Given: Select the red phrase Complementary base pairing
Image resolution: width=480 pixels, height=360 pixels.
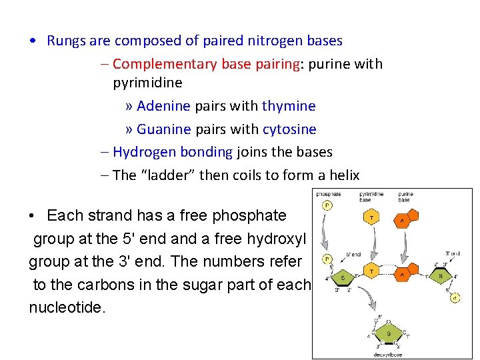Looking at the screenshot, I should tap(205, 64).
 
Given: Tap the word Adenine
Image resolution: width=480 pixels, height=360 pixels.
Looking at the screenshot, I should tap(164, 106).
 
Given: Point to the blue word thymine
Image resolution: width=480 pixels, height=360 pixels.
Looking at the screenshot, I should tap(289, 106).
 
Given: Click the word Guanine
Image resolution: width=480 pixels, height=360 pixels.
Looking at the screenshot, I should tap(164, 129).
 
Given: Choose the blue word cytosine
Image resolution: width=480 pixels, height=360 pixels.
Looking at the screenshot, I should tap(289, 129).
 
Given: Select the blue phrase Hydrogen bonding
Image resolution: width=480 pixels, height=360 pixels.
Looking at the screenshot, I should tap(173, 152).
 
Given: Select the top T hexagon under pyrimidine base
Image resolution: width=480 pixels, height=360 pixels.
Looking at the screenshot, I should tap(371, 217).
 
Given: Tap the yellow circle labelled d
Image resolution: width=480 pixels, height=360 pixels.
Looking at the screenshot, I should tap(455, 297).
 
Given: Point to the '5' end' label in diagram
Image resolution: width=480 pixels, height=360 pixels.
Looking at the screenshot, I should tap(353, 253).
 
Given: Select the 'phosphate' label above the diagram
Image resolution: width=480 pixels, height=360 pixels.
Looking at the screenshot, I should tap(328, 194).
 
